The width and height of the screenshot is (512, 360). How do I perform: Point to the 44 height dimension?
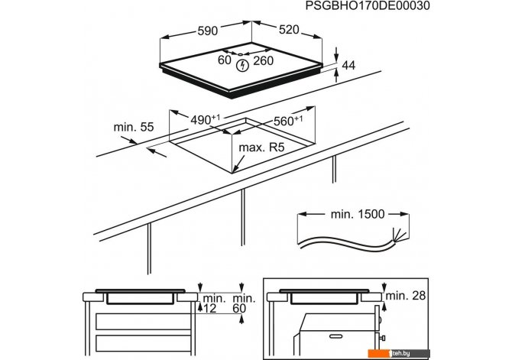[348, 67]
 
